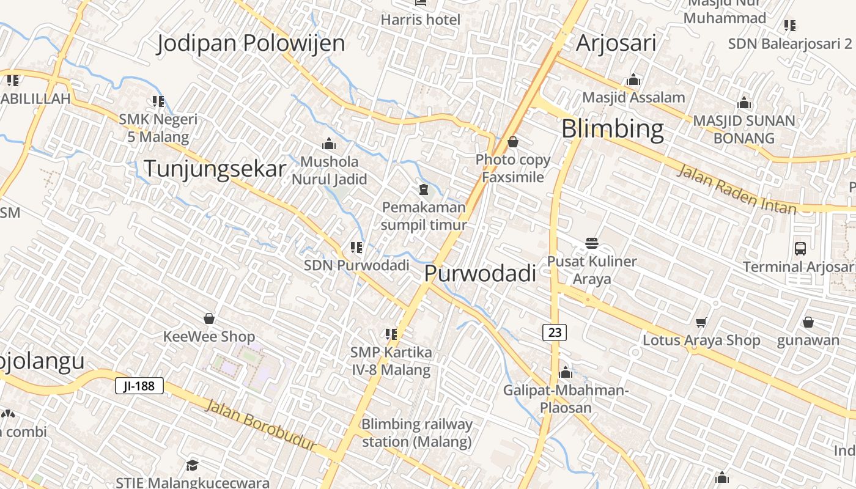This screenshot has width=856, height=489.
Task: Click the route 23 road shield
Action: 555,333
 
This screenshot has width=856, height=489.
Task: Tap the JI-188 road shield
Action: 139,386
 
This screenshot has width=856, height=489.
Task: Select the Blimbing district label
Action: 612,129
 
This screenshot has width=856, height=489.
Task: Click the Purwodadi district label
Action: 480,273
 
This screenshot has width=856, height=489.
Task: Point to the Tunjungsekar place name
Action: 215,169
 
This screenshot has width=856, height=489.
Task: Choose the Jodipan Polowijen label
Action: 251,43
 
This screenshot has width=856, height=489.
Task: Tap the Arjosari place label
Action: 616,43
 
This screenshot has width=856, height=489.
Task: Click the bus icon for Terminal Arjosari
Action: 800,248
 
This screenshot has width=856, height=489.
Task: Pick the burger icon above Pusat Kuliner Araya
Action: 592,243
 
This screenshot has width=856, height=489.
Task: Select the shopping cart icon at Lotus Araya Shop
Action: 701,322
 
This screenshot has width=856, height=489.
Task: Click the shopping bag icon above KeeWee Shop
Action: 209,318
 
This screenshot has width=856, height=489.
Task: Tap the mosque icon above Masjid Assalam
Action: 633,79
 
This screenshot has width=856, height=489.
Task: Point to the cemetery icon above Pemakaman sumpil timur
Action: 423,189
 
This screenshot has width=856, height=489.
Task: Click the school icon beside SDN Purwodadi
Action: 356,248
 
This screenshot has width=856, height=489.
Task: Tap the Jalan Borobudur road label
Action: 261,424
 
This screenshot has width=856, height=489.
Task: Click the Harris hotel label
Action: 421,20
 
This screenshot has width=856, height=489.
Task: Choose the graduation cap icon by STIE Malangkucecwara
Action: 193,465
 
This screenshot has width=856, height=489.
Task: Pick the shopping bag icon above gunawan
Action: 808,322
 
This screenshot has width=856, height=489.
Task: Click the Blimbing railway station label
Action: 417,433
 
